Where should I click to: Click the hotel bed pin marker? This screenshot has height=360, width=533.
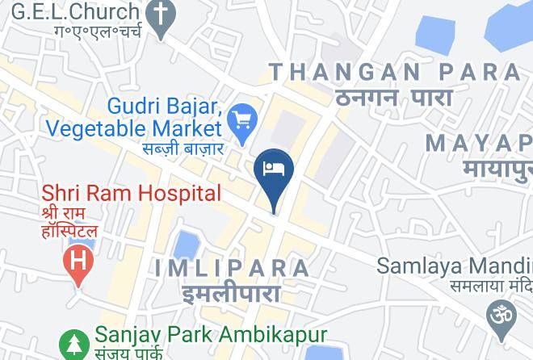[x=274, y=170]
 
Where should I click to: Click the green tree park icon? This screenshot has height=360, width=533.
[x=75, y=343]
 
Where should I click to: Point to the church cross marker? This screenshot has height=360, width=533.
[x=161, y=15]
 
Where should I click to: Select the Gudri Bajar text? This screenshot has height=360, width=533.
[x=164, y=107]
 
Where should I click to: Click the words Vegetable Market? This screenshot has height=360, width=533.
[x=133, y=128]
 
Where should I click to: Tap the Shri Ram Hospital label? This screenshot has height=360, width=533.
[x=131, y=193]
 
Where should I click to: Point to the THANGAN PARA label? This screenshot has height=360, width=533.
[x=395, y=72]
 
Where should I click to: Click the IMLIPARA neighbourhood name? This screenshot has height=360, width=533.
[x=231, y=267]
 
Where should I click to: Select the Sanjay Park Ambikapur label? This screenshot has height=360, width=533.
[x=211, y=334]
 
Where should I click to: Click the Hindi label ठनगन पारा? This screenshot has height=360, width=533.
[x=394, y=98]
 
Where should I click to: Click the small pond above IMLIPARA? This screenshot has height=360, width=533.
[x=187, y=243]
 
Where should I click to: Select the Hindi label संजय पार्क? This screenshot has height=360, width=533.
[x=129, y=353]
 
